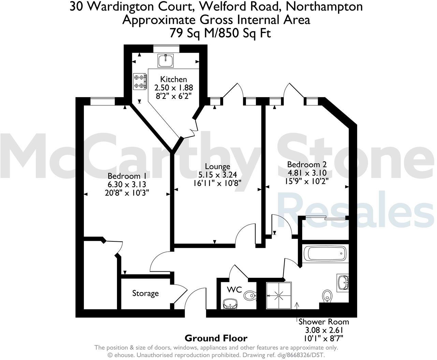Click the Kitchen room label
pos(174,79)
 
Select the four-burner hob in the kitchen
pos(140,82)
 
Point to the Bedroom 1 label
pos(124,176)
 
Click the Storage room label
pos(145,293)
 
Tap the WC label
pos(234,290)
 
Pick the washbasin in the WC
pos(230,304)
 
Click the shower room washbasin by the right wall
pos(343,282)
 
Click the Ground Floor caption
pos(216,338)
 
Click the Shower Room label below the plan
pos(324,321)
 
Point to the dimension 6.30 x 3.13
pos(127,184)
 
